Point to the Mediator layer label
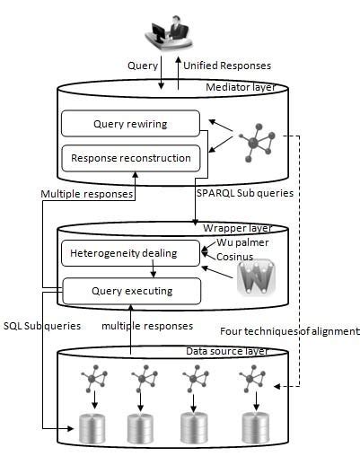tap(241, 88)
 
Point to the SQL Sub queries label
tap(43, 324)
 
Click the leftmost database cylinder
tap(92, 428)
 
